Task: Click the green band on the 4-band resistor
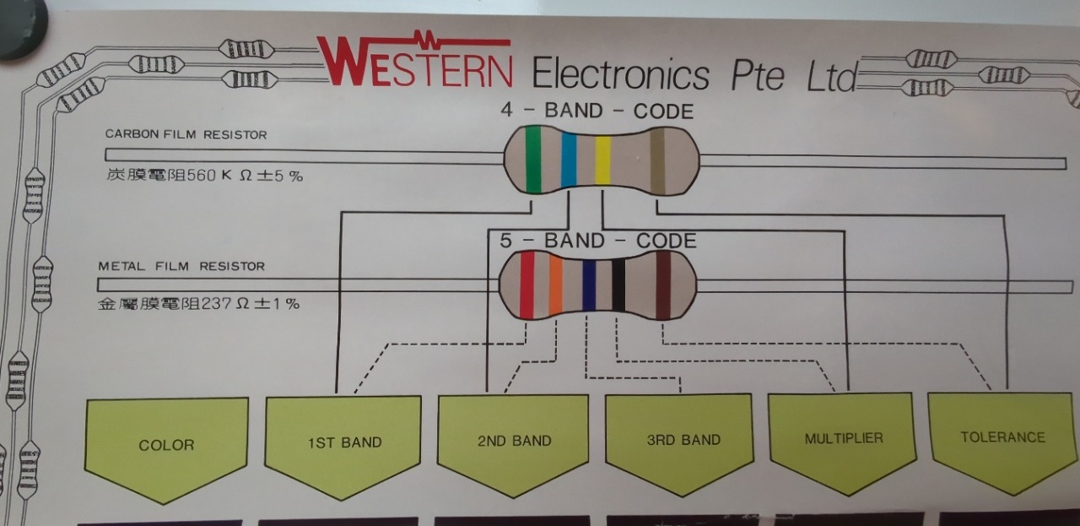533,160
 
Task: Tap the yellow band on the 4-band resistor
602,160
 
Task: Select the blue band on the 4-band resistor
569,160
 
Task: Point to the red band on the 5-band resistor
526,286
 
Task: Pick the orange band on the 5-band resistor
556,286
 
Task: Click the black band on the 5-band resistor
618,286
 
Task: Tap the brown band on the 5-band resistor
663,286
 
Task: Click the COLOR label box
166,445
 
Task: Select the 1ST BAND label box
343,442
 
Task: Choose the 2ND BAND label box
514,440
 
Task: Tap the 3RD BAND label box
678,439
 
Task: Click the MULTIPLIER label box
843,438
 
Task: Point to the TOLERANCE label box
1002,437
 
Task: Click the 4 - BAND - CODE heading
597,111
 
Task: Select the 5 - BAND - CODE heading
598,241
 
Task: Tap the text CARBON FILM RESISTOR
186,134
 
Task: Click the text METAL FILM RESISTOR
181,266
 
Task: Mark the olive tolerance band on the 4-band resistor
657,160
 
